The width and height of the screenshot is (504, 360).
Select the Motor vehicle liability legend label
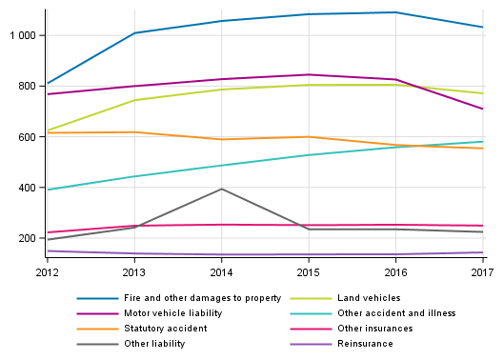pyautogui.click(x=168, y=312)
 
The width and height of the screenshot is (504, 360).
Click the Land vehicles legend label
pyautogui.click(x=368, y=298)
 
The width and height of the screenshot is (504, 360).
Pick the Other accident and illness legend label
pyautogui.click(x=394, y=312)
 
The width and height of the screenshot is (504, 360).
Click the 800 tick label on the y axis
pyautogui.click(x=28, y=86)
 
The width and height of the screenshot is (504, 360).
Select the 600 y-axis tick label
pyautogui.click(x=28, y=137)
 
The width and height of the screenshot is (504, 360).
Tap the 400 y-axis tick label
pyautogui.click(x=28, y=188)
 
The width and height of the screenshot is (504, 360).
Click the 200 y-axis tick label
pyautogui.click(x=28, y=238)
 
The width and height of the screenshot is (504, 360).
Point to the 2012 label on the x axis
pyautogui.click(x=47, y=272)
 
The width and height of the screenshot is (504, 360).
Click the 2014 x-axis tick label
pyautogui.click(x=221, y=272)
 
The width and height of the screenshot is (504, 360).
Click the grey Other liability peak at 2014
pyautogui.click(x=221, y=189)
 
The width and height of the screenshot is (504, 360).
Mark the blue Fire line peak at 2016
pyautogui.click(x=395, y=12)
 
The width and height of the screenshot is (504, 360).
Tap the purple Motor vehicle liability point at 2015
pyautogui.click(x=309, y=74)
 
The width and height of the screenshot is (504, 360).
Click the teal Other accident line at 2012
pyautogui.click(x=48, y=190)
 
